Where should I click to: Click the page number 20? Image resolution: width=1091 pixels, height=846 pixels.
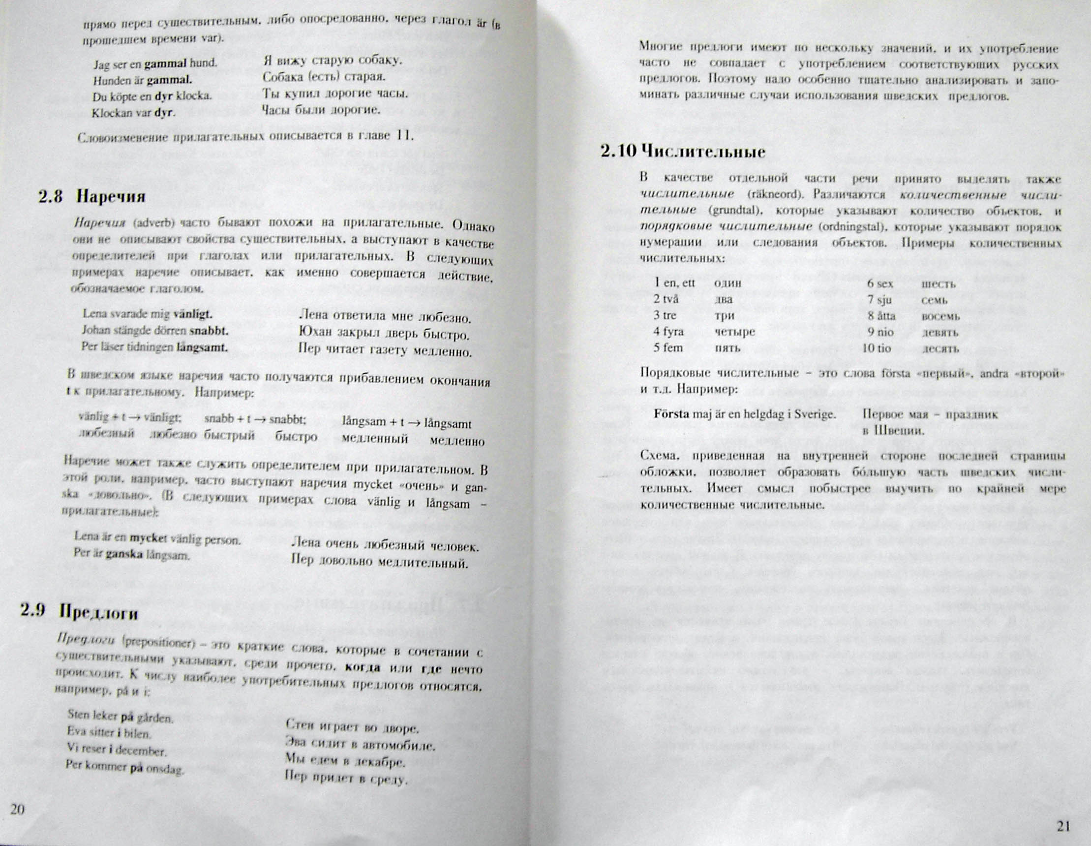[18, 810]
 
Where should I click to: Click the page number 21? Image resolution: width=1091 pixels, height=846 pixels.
[1064, 826]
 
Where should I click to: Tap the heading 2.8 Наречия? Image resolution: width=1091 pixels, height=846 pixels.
[92, 197]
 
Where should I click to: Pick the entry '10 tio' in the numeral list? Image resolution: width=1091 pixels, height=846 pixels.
[877, 348]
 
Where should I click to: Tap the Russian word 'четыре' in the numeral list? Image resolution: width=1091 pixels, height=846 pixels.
[735, 331]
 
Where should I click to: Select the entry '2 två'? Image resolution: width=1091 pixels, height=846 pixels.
[667, 299]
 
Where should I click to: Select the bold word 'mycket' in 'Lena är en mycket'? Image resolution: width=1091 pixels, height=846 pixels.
[149, 538]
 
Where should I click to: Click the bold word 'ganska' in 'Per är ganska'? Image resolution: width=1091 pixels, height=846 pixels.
[124, 554]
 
